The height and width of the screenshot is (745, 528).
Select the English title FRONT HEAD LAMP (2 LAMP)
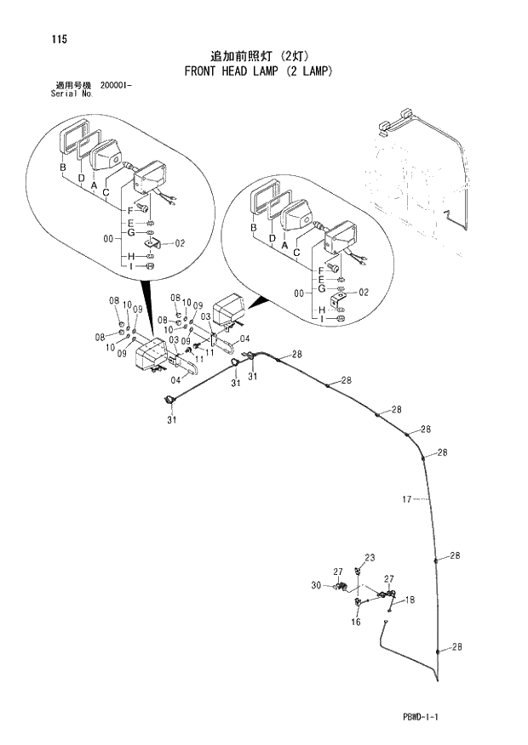pos(258,71)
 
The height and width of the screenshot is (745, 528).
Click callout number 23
pos(370,558)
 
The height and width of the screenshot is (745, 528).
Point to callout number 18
pos(410,600)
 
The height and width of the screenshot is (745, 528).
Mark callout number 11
pos(209,351)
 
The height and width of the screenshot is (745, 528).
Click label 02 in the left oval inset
pos(180,243)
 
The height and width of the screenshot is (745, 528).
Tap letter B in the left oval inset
pos(62,168)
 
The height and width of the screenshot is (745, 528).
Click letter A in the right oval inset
pos(283,245)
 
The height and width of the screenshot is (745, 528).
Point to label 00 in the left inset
pos(108,239)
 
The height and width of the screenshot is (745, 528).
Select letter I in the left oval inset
pos(132,267)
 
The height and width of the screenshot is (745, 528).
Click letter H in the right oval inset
pos(322,310)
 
